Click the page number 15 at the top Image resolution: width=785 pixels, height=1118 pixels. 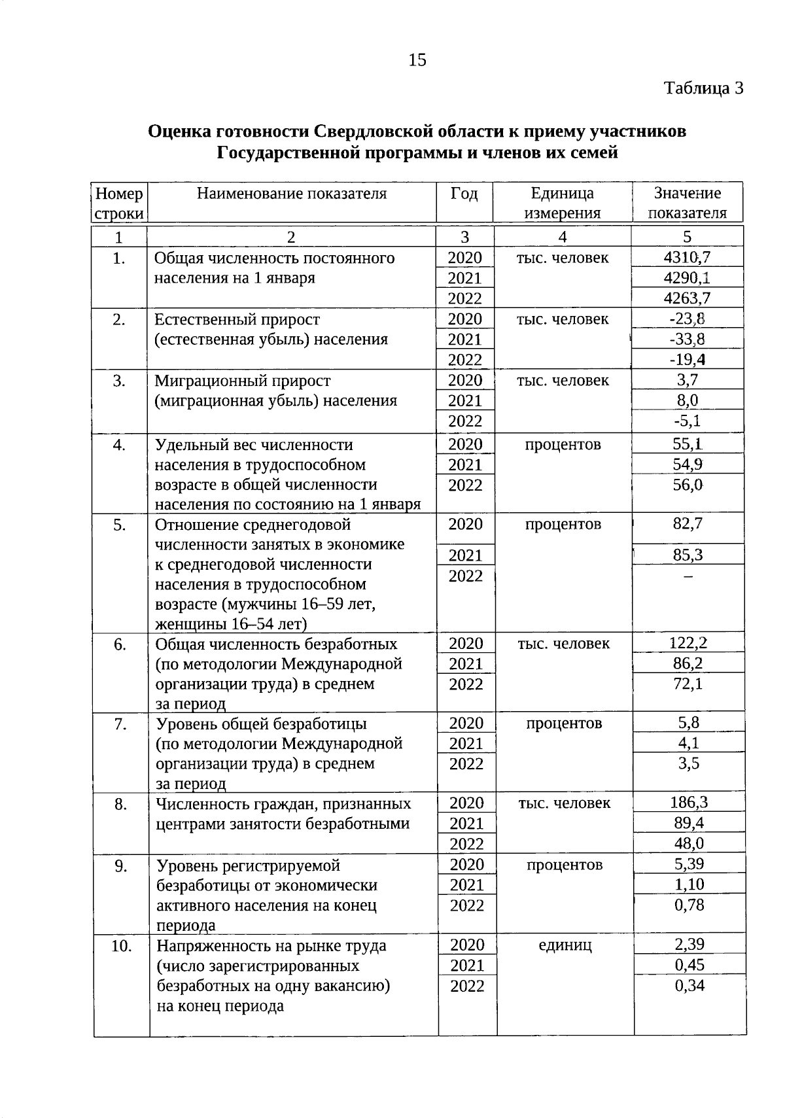point(417,60)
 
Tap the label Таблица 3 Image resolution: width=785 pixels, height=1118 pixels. point(704,88)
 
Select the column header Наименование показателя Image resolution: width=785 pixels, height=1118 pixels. point(292,194)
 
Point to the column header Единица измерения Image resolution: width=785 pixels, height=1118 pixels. point(562,203)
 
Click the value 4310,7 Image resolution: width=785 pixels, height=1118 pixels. point(687,257)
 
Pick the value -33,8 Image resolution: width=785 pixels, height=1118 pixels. point(687,339)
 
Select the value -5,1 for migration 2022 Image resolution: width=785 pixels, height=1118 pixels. point(687,421)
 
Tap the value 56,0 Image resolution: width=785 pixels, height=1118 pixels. point(688,485)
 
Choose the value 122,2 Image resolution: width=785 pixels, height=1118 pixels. point(688,643)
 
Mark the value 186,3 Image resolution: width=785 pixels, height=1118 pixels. point(688,803)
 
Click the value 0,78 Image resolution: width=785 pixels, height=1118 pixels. point(689,905)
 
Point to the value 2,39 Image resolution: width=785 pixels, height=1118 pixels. point(689,945)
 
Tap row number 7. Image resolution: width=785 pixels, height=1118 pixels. point(120,724)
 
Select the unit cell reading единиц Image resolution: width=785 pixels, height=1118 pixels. point(565,946)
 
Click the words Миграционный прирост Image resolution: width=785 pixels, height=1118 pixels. point(242,381)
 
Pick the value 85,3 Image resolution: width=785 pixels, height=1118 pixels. point(688,555)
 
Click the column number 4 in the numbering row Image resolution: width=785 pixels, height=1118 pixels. point(563,237)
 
